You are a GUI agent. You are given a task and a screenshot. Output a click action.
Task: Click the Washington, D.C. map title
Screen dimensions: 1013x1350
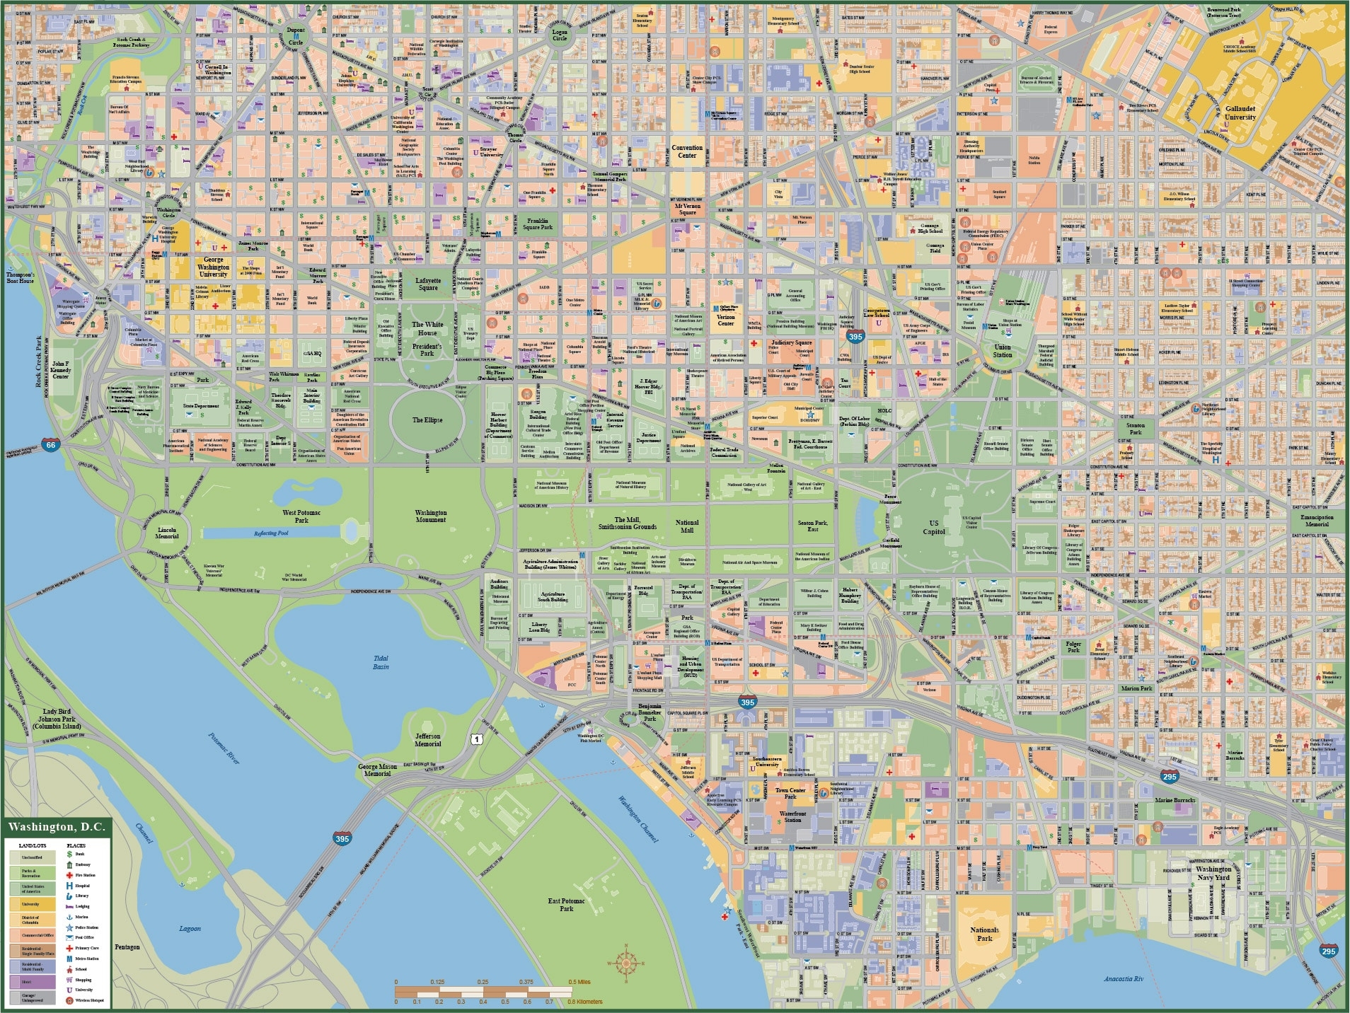(x=57, y=827)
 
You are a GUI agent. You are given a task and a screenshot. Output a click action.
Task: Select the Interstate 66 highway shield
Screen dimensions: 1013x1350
(x=50, y=445)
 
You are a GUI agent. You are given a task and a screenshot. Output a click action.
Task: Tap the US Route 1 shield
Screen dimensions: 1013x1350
(x=478, y=739)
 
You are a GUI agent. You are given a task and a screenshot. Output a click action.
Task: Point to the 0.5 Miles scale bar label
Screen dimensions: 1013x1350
(x=579, y=982)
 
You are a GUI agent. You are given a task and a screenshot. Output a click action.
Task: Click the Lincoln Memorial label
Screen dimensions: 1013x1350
(x=167, y=532)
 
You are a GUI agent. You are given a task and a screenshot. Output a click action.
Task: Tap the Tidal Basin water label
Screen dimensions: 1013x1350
(x=381, y=662)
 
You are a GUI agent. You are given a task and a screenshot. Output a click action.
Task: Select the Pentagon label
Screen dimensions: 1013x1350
(x=127, y=947)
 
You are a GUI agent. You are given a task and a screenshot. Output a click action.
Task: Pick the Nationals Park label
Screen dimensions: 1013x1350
(x=984, y=934)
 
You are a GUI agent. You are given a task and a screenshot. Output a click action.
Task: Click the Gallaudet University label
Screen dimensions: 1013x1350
(x=1240, y=113)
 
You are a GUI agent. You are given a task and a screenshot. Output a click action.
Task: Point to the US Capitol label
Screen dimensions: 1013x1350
(x=934, y=527)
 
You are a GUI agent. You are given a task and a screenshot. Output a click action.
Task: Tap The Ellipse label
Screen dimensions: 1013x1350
(x=427, y=419)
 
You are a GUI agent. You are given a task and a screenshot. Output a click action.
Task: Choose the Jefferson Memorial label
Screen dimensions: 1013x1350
(x=427, y=739)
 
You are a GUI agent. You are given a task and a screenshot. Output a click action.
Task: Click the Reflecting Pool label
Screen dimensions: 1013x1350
(x=271, y=533)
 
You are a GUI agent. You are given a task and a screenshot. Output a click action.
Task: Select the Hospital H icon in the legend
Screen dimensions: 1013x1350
(x=69, y=886)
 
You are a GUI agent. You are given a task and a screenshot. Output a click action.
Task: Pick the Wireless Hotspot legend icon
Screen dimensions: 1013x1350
(x=69, y=1000)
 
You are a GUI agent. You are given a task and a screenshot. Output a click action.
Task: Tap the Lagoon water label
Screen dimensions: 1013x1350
(x=190, y=928)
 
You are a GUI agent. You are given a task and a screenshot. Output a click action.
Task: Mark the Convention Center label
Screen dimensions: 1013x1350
(x=687, y=151)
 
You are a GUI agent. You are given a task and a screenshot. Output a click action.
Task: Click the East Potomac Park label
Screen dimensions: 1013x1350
(x=566, y=904)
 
